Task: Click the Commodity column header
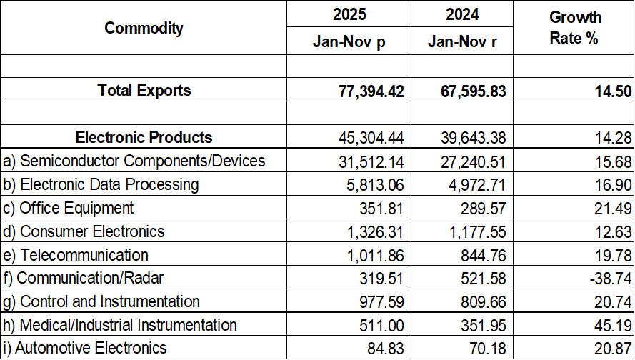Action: point(144,29)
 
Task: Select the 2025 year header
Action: point(349,14)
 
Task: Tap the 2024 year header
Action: point(462,14)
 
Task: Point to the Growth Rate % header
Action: point(575,27)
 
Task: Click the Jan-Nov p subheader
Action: point(349,41)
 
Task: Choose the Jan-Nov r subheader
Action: point(462,41)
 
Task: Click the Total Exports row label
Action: point(144,90)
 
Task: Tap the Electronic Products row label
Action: point(144,137)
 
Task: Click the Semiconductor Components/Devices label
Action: point(134,161)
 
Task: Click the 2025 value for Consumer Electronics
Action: point(376,231)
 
